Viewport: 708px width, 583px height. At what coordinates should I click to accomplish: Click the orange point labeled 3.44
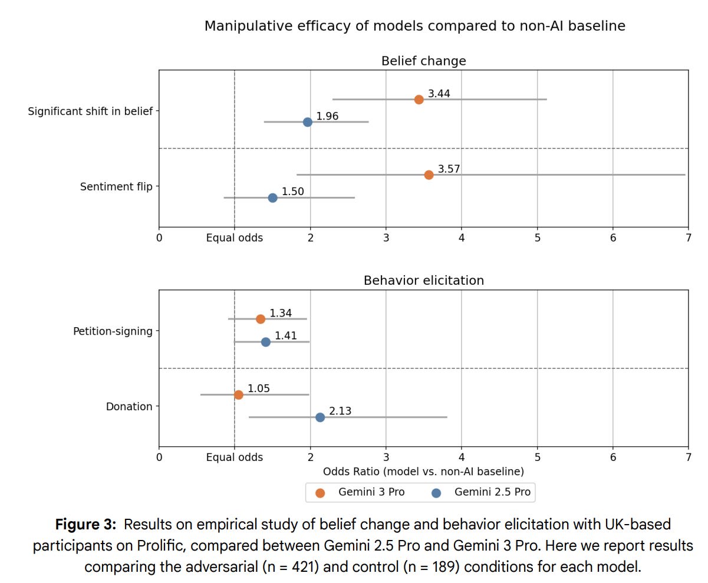point(419,100)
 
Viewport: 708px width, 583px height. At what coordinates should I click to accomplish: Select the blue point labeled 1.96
point(307,122)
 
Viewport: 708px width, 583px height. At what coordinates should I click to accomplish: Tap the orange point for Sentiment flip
point(429,175)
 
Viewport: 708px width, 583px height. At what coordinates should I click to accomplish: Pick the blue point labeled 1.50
point(272,197)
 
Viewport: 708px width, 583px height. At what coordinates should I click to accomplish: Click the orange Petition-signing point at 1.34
point(261,319)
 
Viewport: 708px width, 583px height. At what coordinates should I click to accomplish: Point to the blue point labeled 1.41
point(265,342)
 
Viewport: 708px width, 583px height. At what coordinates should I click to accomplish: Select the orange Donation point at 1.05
point(238,395)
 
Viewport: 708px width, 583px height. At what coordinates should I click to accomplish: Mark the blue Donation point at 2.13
point(320,417)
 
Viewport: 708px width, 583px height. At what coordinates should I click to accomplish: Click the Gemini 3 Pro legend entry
point(362,492)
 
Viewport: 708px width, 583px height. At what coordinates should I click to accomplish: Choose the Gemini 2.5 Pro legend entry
point(483,492)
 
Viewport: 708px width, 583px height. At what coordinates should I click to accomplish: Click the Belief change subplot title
point(423,61)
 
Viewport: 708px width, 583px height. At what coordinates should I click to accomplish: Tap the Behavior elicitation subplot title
point(423,281)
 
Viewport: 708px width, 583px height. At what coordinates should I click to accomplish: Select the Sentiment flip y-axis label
point(116,187)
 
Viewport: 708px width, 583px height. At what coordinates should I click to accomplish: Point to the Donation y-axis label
point(129,407)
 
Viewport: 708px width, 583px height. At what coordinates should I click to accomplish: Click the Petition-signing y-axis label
point(113,331)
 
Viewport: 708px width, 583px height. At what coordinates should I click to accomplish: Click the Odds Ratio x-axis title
point(423,472)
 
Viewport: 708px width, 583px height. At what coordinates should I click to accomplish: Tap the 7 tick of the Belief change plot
point(688,238)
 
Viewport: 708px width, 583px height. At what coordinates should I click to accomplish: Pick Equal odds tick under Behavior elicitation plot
point(235,457)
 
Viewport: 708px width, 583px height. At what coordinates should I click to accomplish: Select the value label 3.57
point(449,169)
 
